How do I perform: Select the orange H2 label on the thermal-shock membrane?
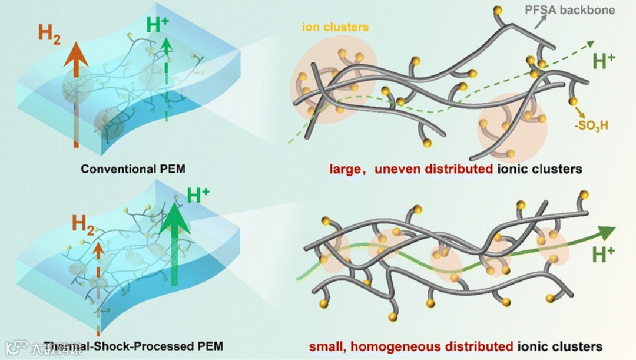click(85, 224)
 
